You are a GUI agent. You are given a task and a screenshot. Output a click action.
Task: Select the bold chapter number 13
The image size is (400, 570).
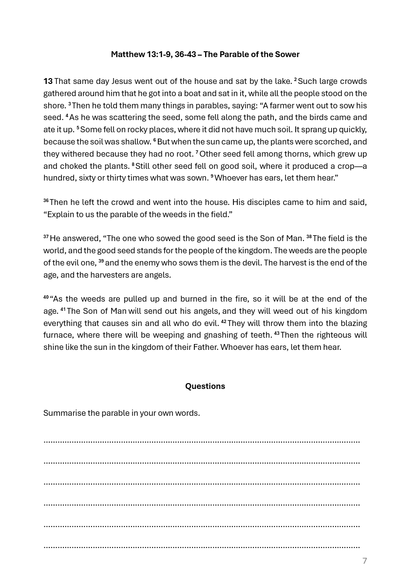click(48, 81)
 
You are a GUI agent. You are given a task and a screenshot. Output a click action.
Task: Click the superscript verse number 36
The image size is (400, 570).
click(46, 201)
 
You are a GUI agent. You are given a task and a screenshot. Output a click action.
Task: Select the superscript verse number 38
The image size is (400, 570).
click(309, 237)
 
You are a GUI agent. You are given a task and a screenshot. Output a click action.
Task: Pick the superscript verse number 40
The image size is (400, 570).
click(46, 297)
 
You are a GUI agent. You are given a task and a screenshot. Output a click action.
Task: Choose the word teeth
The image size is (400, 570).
click(260, 335)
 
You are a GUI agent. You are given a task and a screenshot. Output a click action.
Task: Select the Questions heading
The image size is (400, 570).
click(205, 387)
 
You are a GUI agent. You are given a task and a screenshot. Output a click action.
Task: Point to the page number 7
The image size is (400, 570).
click(364, 561)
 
